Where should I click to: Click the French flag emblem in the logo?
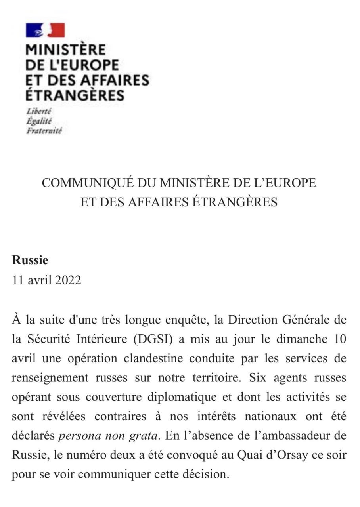click(x=45, y=30)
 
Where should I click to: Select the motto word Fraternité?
click(x=44, y=131)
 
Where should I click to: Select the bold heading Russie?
click(x=30, y=260)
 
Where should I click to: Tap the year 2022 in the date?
click(x=68, y=280)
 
